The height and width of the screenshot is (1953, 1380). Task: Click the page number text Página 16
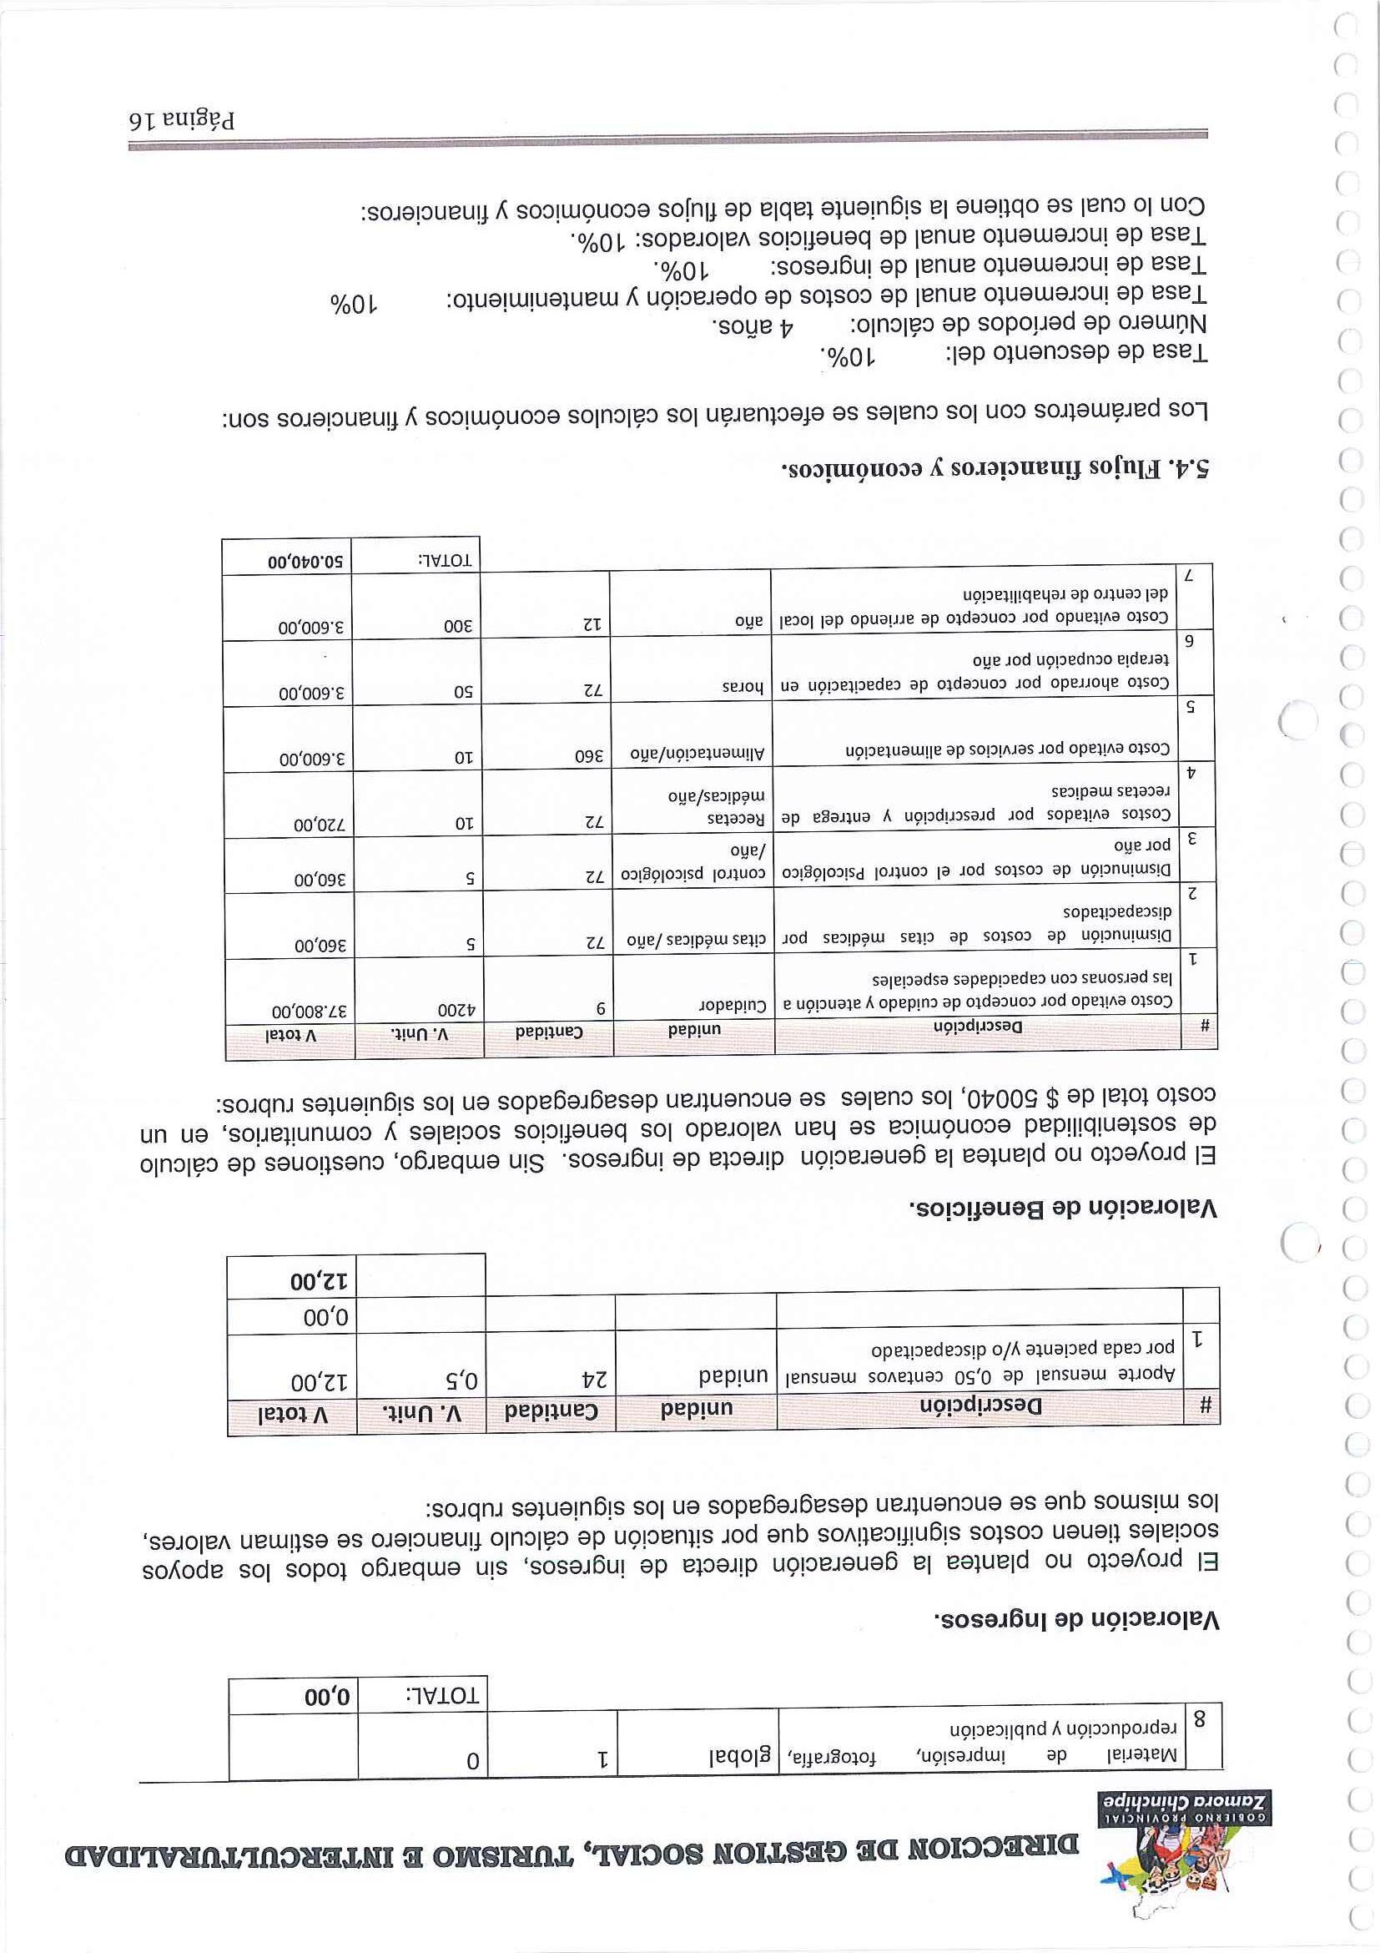pyautogui.click(x=183, y=119)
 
